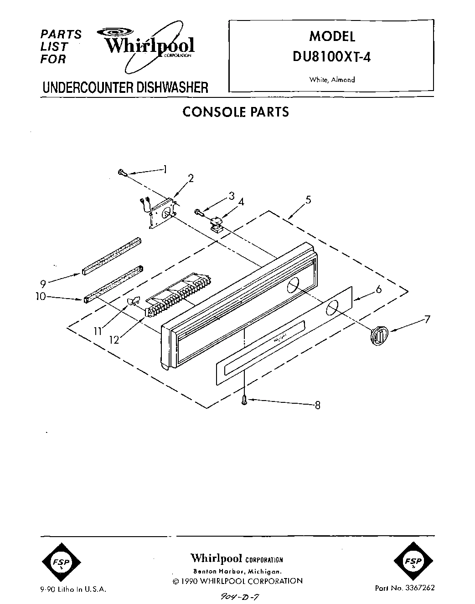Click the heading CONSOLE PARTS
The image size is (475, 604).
(x=235, y=112)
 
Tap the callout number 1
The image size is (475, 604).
(x=165, y=169)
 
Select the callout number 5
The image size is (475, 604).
(x=309, y=199)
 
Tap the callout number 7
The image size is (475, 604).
(x=427, y=319)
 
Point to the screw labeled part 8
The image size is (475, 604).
(x=245, y=400)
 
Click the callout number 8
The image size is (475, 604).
(x=317, y=405)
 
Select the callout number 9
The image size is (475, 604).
(x=43, y=284)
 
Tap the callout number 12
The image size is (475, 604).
(x=114, y=340)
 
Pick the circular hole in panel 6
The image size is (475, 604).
(x=332, y=308)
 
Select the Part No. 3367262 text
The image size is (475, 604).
(x=404, y=588)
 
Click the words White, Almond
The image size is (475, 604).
(x=332, y=80)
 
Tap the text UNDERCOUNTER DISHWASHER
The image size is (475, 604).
(x=125, y=87)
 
